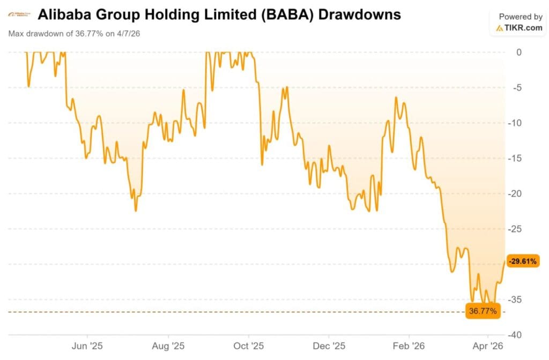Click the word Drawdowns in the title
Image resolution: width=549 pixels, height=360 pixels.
click(x=359, y=14)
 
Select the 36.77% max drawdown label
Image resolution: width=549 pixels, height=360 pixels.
click(x=483, y=311)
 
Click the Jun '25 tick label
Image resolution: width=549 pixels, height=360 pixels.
click(x=87, y=347)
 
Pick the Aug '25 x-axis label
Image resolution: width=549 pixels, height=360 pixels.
click(x=168, y=347)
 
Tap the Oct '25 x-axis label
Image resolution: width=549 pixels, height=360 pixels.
click(x=249, y=347)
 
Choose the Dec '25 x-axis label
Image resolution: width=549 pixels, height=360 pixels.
click(x=329, y=347)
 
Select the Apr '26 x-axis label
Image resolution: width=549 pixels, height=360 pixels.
click(x=488, y=347)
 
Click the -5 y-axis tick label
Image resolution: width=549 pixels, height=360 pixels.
click(x=518, y=88)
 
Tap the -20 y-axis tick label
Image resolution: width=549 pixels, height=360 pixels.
click(x=516, y=193)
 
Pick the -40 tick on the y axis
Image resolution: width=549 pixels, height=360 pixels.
click(x=516, y=335)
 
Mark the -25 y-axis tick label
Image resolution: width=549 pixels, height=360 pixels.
click(x=516, y=229)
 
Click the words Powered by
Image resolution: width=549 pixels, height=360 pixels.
click(x=521, y=17)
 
